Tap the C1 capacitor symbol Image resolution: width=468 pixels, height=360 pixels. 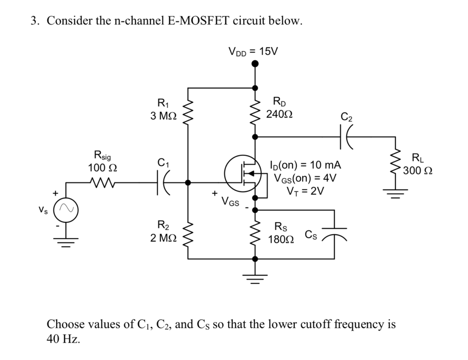[x=163, y=183]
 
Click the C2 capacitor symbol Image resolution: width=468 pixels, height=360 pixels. [x=346, y=136]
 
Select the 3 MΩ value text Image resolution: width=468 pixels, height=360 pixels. [x=163, y=115]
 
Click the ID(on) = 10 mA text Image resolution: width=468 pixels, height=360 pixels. [x=306, y=165]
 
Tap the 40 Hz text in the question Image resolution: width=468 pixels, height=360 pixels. [x=64, y=339]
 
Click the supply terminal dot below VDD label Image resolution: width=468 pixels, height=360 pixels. [x=255, y=64]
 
